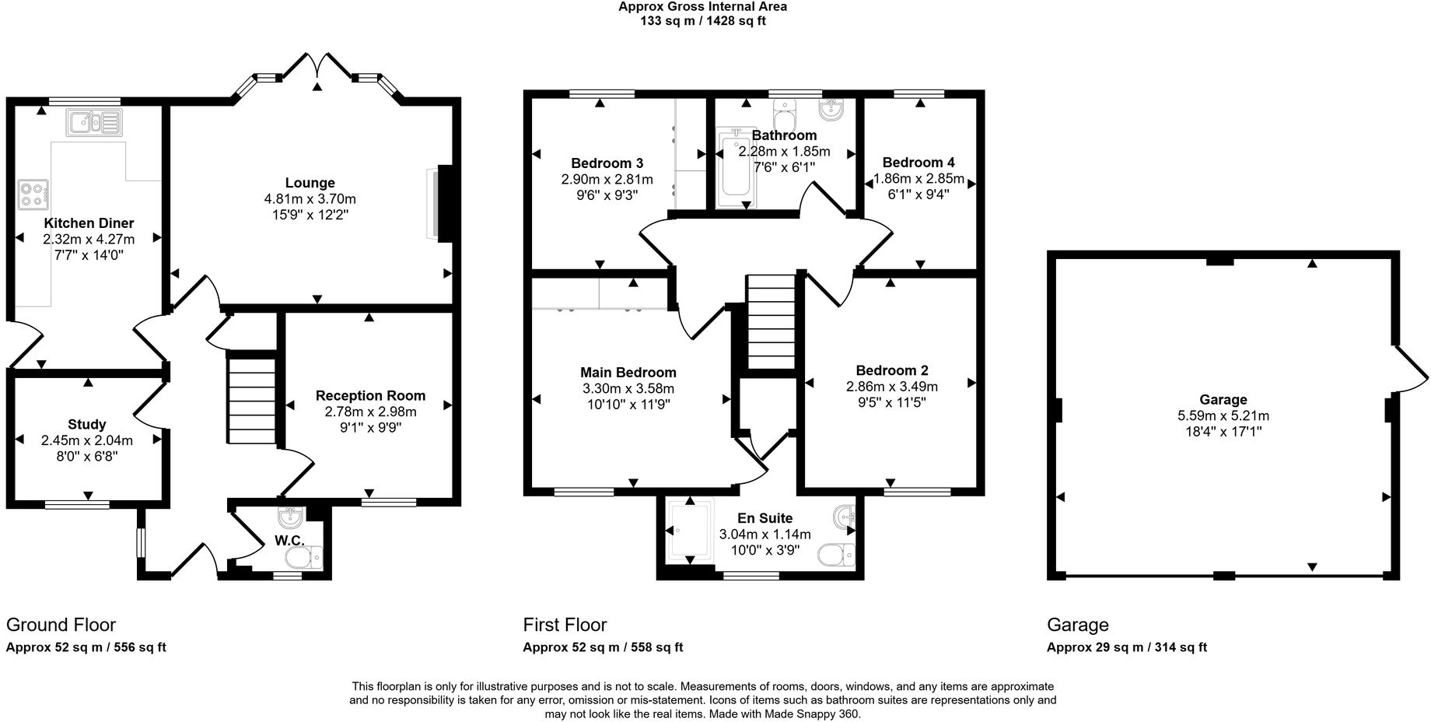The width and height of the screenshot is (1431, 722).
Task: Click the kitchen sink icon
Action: (94, 122)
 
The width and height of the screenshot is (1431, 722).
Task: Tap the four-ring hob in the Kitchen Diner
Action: (33, 194)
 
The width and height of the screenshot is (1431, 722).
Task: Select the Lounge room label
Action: (310, 184)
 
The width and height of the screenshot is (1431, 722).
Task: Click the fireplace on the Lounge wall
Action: (444, 203)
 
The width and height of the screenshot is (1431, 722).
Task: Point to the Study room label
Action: (87, 425)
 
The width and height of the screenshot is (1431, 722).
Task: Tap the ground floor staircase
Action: (253, 398)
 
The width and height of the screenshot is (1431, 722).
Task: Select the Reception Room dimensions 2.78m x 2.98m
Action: (370, 412)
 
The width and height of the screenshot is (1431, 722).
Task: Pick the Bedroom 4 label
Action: (918, 163)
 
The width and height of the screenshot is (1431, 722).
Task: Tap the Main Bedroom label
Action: (628, 373)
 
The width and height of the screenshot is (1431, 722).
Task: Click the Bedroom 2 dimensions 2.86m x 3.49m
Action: (891, 387)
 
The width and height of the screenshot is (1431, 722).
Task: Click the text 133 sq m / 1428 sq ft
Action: (702, 21)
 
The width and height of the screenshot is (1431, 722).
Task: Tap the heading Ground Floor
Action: (61, 625)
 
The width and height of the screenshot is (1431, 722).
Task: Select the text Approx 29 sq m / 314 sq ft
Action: (1126, 647)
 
